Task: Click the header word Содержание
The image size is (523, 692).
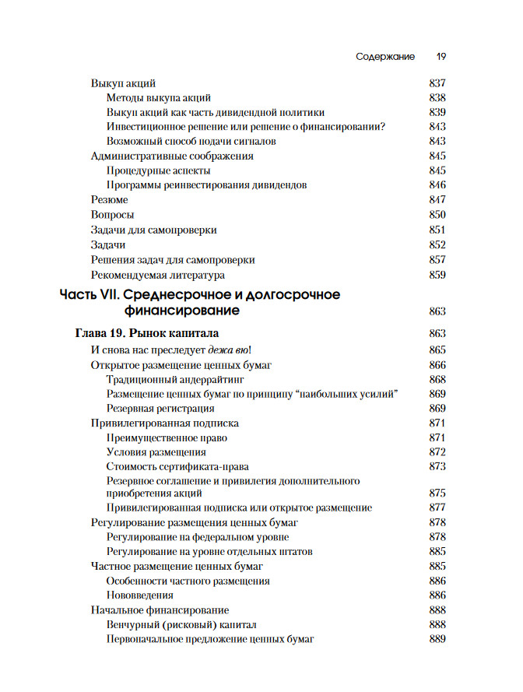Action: coord(385,57)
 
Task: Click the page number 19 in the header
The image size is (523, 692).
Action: coord(441,57)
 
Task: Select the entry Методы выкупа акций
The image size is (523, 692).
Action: coord(158,97)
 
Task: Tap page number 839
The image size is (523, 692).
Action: coord(437,112)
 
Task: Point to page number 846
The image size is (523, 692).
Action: coord(437,185)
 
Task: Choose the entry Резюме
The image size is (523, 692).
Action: coord(110,200)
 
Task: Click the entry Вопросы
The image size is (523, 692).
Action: coord(112,215)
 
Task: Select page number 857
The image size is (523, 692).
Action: coord(437,260)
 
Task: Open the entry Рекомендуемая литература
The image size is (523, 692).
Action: coord(158,275)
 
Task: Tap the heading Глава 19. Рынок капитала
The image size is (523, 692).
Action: coord(146,334)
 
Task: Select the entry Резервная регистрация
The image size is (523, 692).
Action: coord(160,408)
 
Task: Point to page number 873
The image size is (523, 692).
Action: coord(437,466)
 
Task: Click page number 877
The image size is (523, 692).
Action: coord(437,508)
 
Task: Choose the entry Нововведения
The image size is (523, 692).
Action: coord(139,595)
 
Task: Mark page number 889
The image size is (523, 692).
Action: coord(437,639)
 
